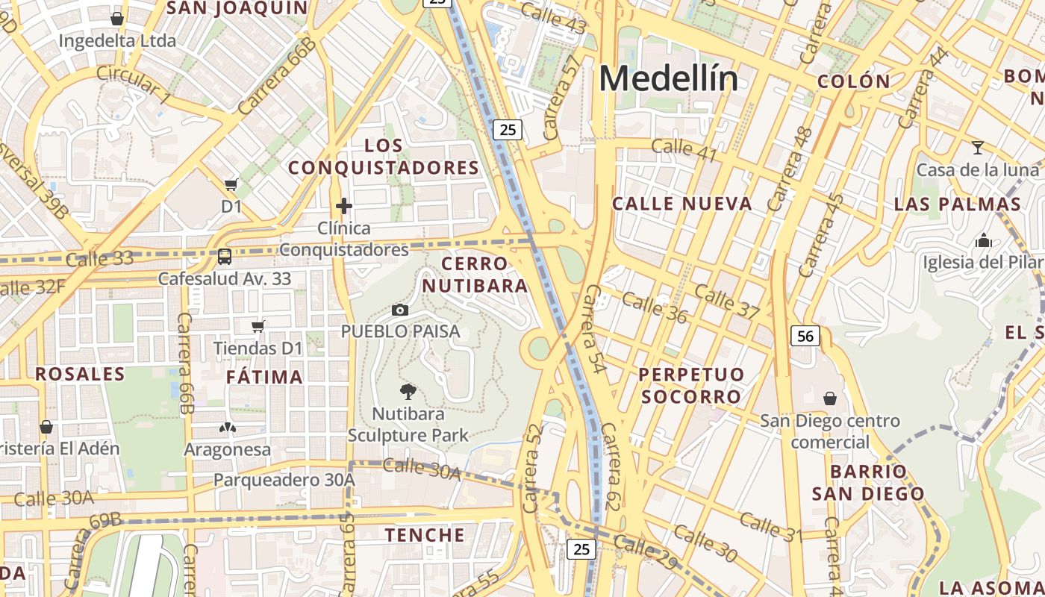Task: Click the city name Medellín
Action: (x=668, y=78)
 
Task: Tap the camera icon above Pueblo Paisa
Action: (x=400, y=310)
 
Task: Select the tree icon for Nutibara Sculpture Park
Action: (x=408, y=392)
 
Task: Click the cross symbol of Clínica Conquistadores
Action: (x=344, y=205)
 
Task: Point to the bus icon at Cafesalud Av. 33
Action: (x=224, y=257)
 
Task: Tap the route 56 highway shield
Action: (x=805, y=337)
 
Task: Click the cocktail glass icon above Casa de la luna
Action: (x=978, y=147)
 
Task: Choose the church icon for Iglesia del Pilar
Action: (x=984, y=240)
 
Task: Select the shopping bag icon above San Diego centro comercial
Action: (x=829, y=398)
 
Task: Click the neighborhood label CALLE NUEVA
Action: (x=682, y=204)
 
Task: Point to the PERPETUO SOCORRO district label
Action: (x=691, y=385)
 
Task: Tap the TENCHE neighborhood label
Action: (x=425, y=535)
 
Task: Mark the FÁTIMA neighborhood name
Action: (x=265, y=377)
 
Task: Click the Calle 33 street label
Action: (x=99, y=259)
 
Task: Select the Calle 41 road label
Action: (x=684, y=150)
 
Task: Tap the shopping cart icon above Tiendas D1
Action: (x=258, y=325)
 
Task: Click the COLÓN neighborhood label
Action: (x=854, y=81)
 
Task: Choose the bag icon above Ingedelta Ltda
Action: (x=117, y=19)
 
